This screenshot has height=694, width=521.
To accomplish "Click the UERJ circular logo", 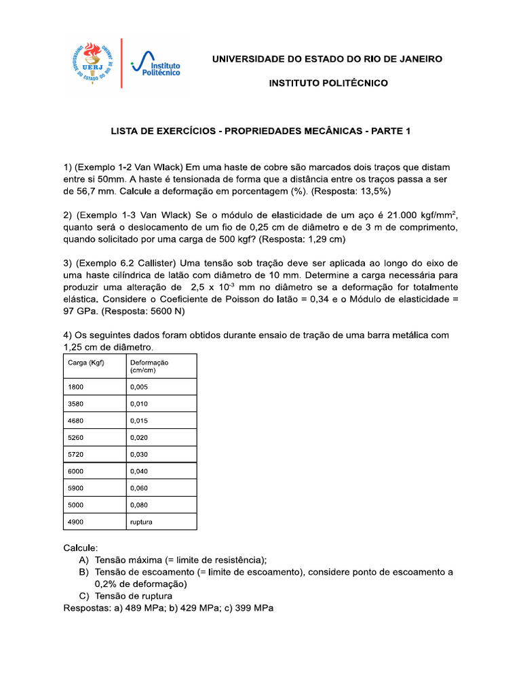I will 92,63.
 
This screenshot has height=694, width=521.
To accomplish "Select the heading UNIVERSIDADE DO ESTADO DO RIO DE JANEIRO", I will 327,59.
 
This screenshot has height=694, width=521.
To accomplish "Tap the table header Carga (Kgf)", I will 85,363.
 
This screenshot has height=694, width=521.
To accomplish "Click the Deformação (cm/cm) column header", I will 149,367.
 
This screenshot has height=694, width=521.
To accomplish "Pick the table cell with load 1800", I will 75,387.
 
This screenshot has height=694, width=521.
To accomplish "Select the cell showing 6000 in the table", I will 75,472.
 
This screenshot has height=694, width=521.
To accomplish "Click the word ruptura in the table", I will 142,522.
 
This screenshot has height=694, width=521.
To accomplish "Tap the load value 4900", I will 75,522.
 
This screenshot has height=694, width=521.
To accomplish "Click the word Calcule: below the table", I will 81,547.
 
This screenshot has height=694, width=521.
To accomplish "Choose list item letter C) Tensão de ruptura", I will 121,596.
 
